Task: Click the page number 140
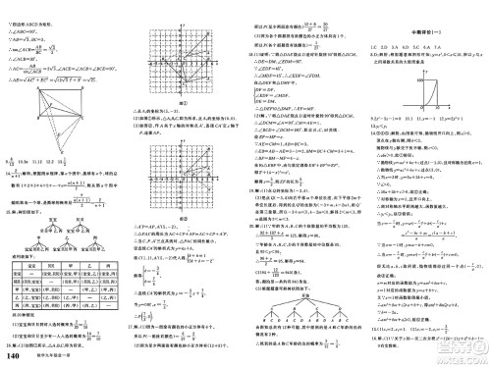point(12,355)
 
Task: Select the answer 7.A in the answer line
point(440,47)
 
